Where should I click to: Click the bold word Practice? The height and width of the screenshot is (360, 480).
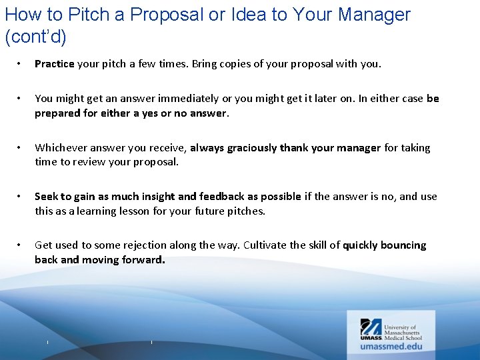click(55, 64)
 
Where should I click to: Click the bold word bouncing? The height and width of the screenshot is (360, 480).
click(403, 245)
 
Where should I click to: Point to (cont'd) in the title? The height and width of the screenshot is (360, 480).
click(35, 37)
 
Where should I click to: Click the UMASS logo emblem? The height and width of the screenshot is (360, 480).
click(371, 327)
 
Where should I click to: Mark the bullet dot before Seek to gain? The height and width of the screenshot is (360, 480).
click(20, 197)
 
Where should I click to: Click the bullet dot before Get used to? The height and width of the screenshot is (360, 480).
click(20, 245)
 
